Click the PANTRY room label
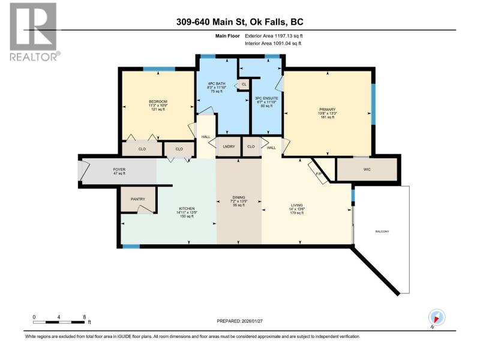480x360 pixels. pyautogui.click(x=138, y=199)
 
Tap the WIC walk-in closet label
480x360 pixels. pyautogui.click(x=367, y=169)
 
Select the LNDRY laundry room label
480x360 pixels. pyautogui.click(x=229, y=146)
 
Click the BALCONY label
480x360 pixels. pyautogui.click(x=382, y=232)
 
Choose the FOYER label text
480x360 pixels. pyautogui.click(x=119, y=169)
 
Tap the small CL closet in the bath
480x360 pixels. pyautogui.click(x=244, y=84)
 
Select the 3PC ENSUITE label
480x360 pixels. pyautogui.click(x=266, y=98)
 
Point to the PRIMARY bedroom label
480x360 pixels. pyautogui.click(x=327, y=109)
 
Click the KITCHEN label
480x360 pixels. pyautogui.click(x=187, y=208)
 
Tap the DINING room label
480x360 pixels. pyautogui.click(x=239, y=197)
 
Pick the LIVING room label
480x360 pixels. pyautogui.click(x=296, y=205)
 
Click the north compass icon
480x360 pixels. pyautogui.click(x=437, y=317)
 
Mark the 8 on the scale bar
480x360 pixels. pyautogui.click(x=84, y=317)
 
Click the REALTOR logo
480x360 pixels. pyautogui.click(x=34, y=32)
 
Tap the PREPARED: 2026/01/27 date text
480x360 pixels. pyautogui.click(x=239, y=321)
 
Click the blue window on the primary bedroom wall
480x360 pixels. pyautogui.click(x=373, y=104)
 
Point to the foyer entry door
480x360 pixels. pyautogui.click(x=83, y=170)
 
